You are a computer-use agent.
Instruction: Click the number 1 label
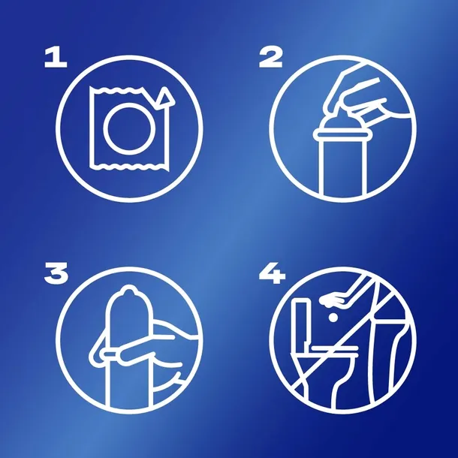56,58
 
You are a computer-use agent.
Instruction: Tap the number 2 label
271,58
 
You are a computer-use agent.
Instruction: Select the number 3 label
56,273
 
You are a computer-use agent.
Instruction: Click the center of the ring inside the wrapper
129,129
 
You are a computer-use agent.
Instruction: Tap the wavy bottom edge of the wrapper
128,167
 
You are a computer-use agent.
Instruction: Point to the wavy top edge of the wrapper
117,90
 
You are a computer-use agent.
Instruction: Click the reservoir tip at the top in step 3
128,291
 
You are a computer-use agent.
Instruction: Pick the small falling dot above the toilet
333,317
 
